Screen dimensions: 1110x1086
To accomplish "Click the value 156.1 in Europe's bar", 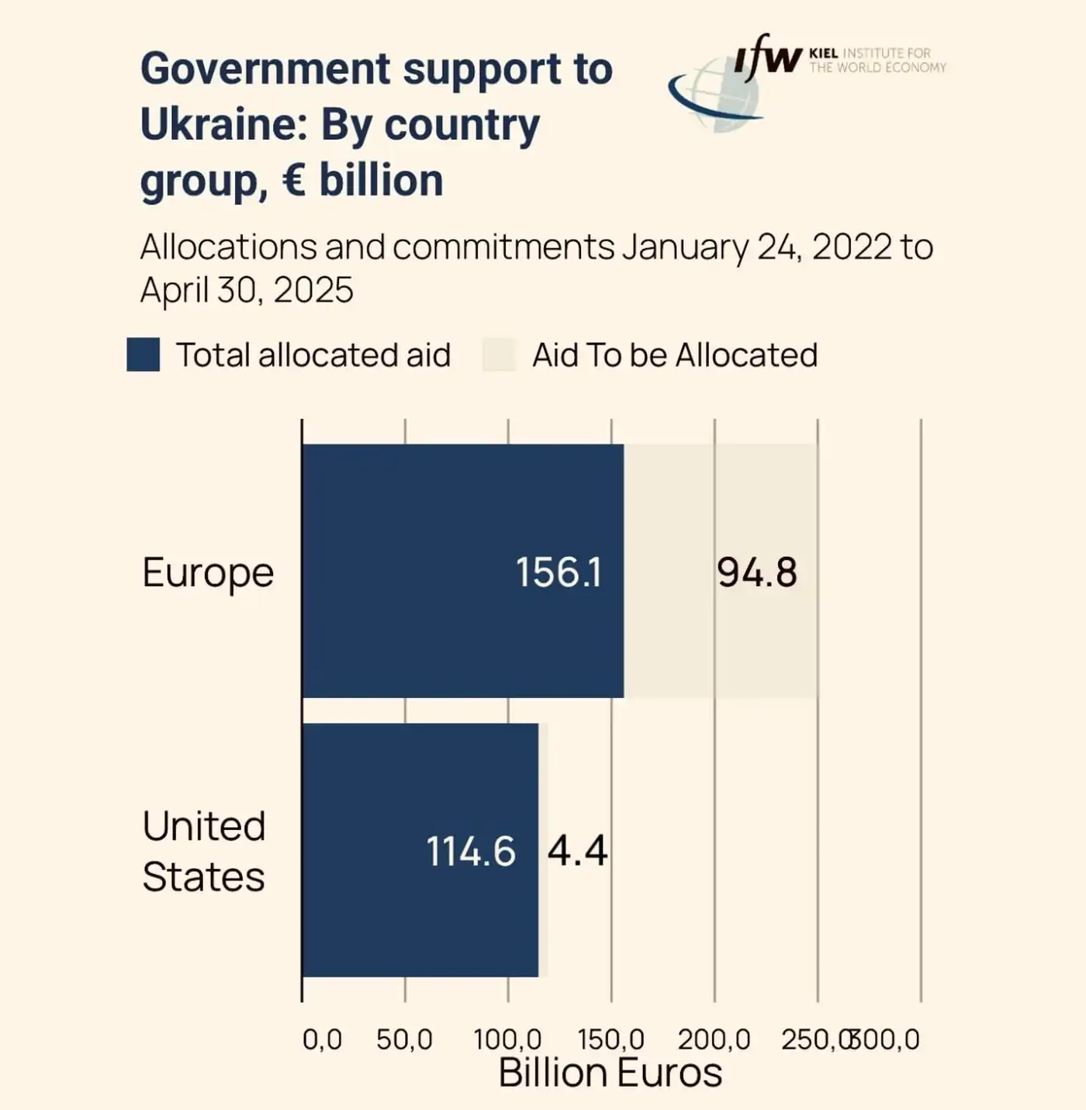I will (x=559, y=572).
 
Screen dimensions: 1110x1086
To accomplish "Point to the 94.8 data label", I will (x=756, y=572).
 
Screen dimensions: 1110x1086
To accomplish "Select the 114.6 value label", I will (x=471, y=851).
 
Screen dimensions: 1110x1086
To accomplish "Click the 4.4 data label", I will (x=577, y=850).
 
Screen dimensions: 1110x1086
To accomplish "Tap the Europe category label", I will (x=208, y=573).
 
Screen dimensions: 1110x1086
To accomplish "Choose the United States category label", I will (x=204, y=851).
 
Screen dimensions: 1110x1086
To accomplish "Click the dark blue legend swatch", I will (x=144, y=354).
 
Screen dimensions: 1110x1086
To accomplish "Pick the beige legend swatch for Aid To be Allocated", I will (x=499, y=354).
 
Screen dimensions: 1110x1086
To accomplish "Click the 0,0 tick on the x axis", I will (x=322, y=1039).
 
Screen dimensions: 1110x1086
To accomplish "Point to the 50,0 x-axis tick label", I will (x=404, y=1039).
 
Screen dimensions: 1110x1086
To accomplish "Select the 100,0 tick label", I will (x=507, y=1039).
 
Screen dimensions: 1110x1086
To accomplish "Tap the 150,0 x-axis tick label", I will (x=610, y=1039).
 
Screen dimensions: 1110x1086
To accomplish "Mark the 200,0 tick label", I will (x=714, y=1039).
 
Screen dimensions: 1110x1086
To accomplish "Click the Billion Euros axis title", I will (x=610, y=1073).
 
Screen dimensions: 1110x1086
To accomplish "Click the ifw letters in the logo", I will (x=768, y=57).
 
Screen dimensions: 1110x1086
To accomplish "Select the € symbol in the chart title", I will (x=294, y=180).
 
